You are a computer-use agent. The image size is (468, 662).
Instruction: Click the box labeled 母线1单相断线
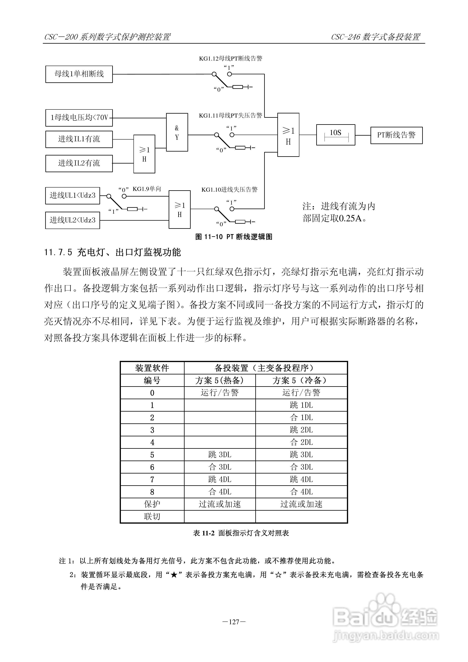coord(79,74)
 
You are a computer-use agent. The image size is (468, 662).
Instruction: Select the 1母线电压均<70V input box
coord(79,118)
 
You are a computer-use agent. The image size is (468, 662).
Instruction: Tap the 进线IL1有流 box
coord(79,139)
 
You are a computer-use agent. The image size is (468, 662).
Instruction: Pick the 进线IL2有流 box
coord(79,164)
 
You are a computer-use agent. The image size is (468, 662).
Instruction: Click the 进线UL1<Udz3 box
coord(73,196)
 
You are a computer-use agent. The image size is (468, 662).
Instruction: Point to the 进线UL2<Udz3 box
coord(73,220)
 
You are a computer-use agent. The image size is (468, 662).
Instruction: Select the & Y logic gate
coord(177,132)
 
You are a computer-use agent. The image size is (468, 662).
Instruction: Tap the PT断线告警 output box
coord(396,135)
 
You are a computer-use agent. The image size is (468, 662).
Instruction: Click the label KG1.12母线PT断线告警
coord(231,59)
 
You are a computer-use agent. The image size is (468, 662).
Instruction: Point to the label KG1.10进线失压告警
coord(230,190)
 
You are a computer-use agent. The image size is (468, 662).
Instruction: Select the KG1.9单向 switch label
coord(147,189)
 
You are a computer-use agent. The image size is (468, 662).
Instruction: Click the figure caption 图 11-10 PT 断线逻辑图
coord(234,237)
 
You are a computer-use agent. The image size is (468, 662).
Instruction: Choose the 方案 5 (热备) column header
coord(220,381)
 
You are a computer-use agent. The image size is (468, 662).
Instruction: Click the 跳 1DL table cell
coord(301,405)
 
